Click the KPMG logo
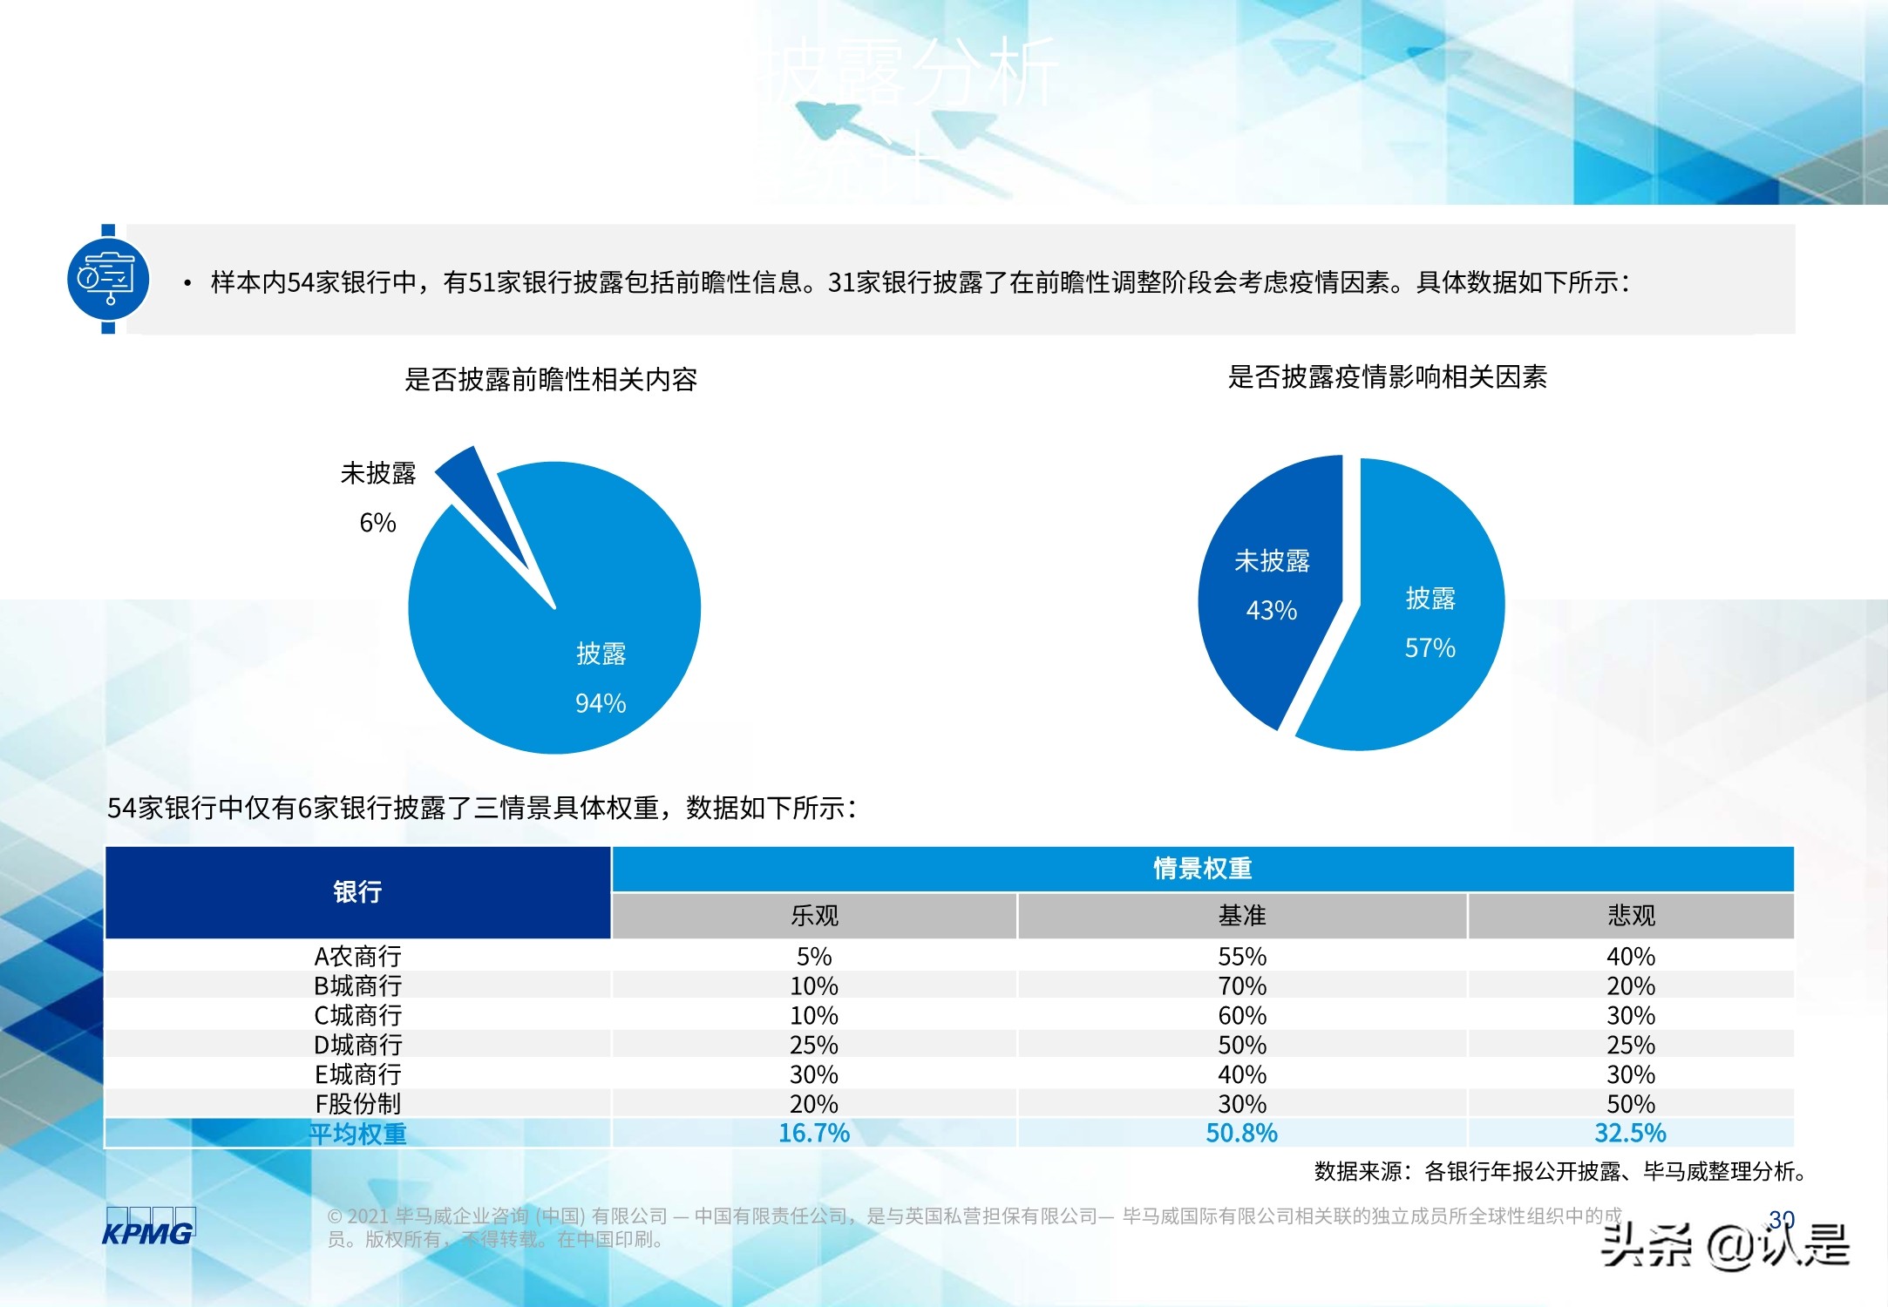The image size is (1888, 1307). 148,1228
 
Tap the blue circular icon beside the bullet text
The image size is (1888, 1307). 108,279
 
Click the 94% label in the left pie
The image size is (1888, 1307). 601,703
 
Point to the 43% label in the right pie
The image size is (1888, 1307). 1272,610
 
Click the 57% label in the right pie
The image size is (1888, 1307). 1430,647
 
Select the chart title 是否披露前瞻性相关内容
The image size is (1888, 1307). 551,380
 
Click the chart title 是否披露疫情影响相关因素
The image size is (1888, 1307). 1387,377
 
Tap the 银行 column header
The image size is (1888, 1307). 357,892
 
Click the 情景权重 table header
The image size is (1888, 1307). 1202,869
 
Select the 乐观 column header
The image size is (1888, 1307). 814,916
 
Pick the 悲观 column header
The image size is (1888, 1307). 1631,916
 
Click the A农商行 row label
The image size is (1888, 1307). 357,957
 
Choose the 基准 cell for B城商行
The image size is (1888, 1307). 1242,986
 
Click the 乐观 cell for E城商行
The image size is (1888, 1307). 814,1074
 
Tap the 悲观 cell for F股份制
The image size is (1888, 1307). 1631,1104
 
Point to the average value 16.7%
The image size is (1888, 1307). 814,1133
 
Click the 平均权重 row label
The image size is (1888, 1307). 357,1134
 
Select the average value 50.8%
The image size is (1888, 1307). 1242,1133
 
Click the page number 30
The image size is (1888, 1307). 1782,1218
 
